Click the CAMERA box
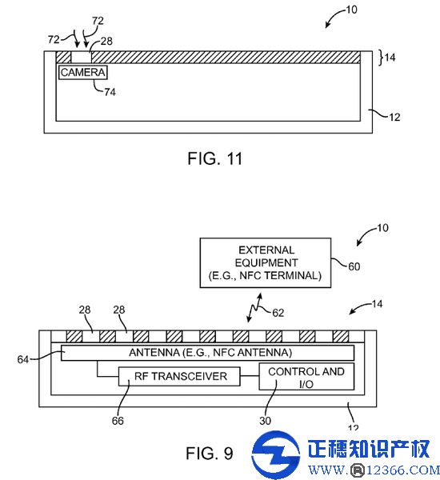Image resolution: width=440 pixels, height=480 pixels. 83,73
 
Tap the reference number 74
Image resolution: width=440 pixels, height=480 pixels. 110,92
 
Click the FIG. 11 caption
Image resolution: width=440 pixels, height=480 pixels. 215,158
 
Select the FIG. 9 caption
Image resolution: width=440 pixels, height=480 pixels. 210,453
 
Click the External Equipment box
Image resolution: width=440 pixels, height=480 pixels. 266,262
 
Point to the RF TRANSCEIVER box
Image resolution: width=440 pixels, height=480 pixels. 179,376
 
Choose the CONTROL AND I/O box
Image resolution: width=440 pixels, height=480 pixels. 306,377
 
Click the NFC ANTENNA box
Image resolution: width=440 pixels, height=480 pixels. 207,353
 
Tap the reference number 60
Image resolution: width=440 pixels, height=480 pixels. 354,266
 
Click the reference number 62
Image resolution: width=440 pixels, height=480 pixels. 278,313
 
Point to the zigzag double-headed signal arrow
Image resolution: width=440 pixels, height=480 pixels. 254,308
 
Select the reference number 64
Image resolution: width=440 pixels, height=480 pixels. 23,359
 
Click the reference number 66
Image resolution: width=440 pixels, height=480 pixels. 118,421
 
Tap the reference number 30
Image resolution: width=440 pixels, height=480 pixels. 265,421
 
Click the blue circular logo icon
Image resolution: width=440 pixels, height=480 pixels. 275,454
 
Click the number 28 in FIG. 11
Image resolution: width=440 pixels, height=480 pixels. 106,41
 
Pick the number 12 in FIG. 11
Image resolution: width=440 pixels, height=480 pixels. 394,118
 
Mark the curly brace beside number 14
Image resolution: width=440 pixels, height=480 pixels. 382,58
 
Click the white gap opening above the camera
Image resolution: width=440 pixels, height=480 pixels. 81,58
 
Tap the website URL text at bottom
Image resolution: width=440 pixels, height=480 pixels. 374,470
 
